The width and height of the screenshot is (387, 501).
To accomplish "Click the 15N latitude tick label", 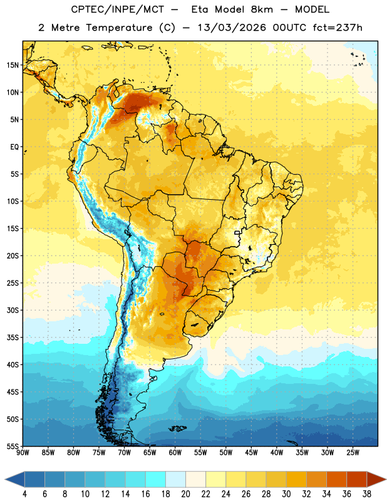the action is pyautogui.click(x=13, y=65).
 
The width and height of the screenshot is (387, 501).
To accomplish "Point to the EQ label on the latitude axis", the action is pyautogui.click(x=14, y=147).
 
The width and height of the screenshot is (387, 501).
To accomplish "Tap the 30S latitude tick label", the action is pyautogui.click(x=13, y=310).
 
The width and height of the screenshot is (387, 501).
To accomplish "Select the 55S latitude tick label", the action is pyautogui.click(x=13, y=446).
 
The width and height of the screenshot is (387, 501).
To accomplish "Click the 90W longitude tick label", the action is pyautogui.click(x=23, y=453).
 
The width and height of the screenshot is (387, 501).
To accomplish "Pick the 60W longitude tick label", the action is pyautogui.click(x=175, y=453).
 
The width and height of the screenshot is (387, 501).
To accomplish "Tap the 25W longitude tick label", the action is pyautogui.click(x=353, y=453).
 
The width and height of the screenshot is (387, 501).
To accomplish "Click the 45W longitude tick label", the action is pyautogui.click(x=251, y=453).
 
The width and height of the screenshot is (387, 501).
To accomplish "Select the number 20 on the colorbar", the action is pyautogui.click(x=185, y=494).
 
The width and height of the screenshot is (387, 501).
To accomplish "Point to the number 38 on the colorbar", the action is pyautogui.click(x=366, y=494).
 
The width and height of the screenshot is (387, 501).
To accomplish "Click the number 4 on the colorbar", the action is pyautogui.click(x=24, y=494).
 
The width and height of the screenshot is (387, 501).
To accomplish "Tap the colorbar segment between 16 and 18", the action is pyautogui.click(x=155, y=479).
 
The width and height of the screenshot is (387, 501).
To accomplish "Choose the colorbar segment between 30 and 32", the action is pyautogui.click(x=296, y=479).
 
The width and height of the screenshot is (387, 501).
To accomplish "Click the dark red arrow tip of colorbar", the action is pyautogui.click(x=386, y=479).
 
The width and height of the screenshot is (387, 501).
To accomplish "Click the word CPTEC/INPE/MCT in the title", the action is pyautogui.click(x=118, y=9).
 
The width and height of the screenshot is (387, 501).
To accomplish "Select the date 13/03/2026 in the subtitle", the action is pyautogui.click(x=232, y=28).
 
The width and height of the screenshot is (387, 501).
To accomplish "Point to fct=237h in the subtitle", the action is pyautogui.click(x=338, y=28).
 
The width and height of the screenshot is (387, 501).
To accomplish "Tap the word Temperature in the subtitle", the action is pyautogui.click(x=119, y=28).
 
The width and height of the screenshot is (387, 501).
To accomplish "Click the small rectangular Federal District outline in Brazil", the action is pyautogui.click(x=237, y=233).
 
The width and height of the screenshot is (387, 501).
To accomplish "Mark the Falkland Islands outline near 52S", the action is pyautogui.click(x=177, y=428).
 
